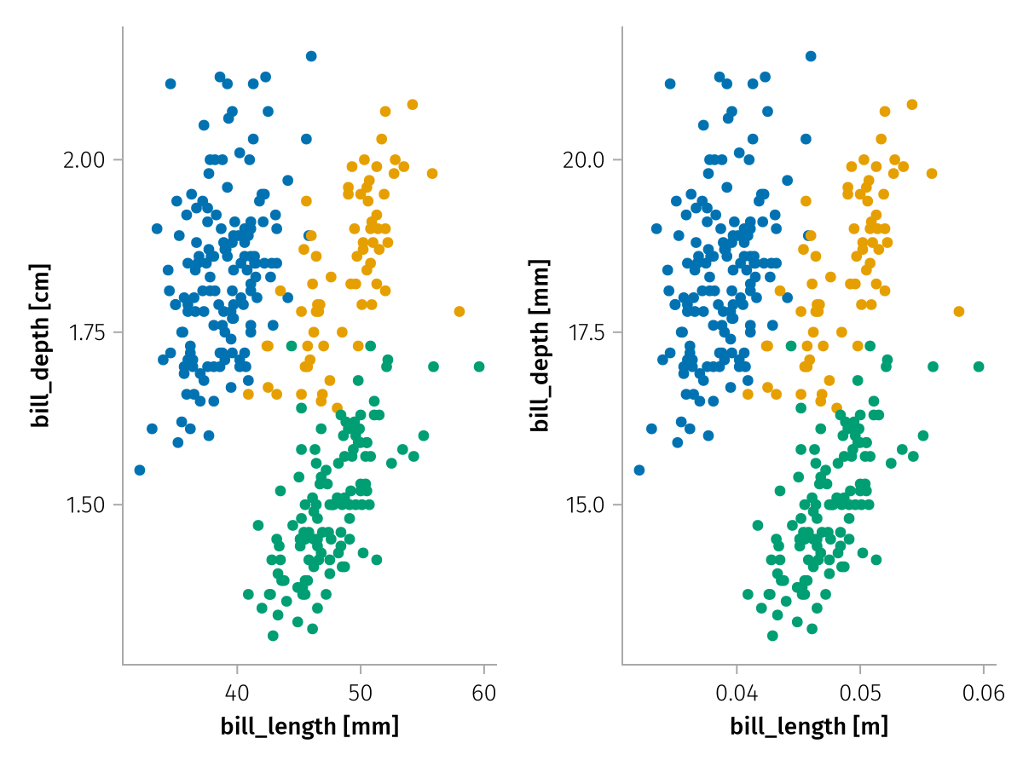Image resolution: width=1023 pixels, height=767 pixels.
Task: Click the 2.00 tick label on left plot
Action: (x=84, y=160)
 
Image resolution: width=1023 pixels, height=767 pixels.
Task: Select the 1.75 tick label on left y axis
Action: (x=84, y=332)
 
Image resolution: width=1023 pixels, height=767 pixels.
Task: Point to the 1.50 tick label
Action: (x=84, y=505)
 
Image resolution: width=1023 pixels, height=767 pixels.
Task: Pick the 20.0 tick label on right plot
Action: (x=585, y=160)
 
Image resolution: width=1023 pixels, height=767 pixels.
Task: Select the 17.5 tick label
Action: (x=585, y=332)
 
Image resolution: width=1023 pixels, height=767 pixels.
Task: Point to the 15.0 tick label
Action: (x=585, y=505)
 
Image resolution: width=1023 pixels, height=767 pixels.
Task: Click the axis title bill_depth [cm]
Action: (x=40, y=345)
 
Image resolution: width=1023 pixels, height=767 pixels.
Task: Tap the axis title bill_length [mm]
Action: (x=309, y=727)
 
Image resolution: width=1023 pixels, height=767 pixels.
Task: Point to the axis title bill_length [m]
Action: (x=809, y=727)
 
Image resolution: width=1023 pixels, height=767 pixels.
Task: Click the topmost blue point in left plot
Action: (x=311, y=56)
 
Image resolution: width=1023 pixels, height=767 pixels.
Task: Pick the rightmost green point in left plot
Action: (x=479, y=366)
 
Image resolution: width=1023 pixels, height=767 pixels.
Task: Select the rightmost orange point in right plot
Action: (x=959, y=311)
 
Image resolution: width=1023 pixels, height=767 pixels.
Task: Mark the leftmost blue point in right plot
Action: (x=639, y=470)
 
